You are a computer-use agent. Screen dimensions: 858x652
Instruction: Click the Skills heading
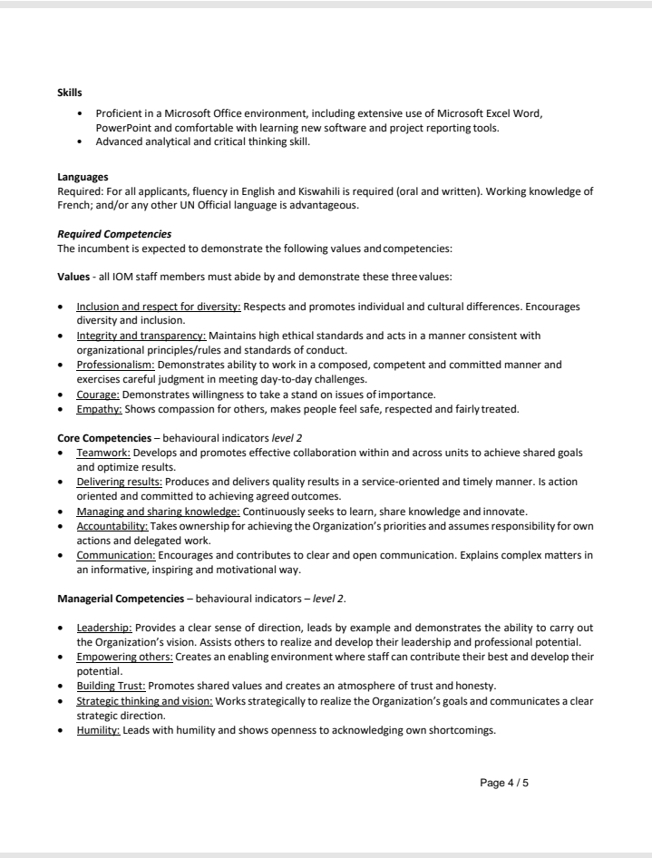(x=70, y=93)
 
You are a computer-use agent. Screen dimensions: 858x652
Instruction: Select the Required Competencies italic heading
(x=114, y=234)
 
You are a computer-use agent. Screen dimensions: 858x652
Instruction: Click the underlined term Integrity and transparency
(x=141, y=336)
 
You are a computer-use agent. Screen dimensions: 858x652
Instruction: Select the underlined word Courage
(x=98, y=394)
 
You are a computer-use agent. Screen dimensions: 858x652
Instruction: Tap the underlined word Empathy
(x=99, y=408)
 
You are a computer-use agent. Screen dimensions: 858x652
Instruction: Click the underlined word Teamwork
(x=103, y=452)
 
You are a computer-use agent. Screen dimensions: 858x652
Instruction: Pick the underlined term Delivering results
(x=119, y=482)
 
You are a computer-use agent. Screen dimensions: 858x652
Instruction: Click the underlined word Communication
(x=116, y=555)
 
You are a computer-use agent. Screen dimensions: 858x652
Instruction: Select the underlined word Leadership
(x=104, y=627)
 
